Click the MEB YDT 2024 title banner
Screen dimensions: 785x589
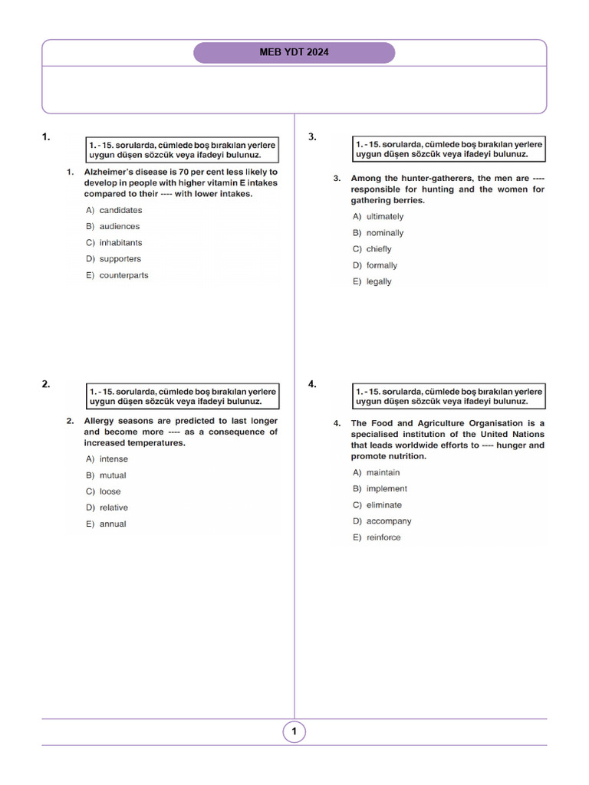click(294, 53)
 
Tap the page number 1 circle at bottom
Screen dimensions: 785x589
click(294, 732)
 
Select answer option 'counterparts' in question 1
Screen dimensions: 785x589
click(123, 275)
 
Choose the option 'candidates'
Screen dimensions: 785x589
click(120, 210)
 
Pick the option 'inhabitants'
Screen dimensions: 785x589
click(120, 243)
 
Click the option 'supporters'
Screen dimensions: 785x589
click(120, 259)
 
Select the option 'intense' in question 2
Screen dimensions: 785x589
click(114, 459)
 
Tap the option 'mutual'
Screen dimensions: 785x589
click(113, 475)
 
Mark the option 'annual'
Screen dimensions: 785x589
click(113, 524)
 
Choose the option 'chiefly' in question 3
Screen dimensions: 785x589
click(379, 249)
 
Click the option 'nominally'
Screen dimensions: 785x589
click(384, 233)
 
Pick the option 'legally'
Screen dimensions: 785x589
click(379, 281)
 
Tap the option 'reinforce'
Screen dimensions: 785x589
click(383, 537)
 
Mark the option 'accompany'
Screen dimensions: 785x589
click(389, 521)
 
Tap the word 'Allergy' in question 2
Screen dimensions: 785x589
click(100, 421)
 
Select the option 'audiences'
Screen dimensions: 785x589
click(120, 227)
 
